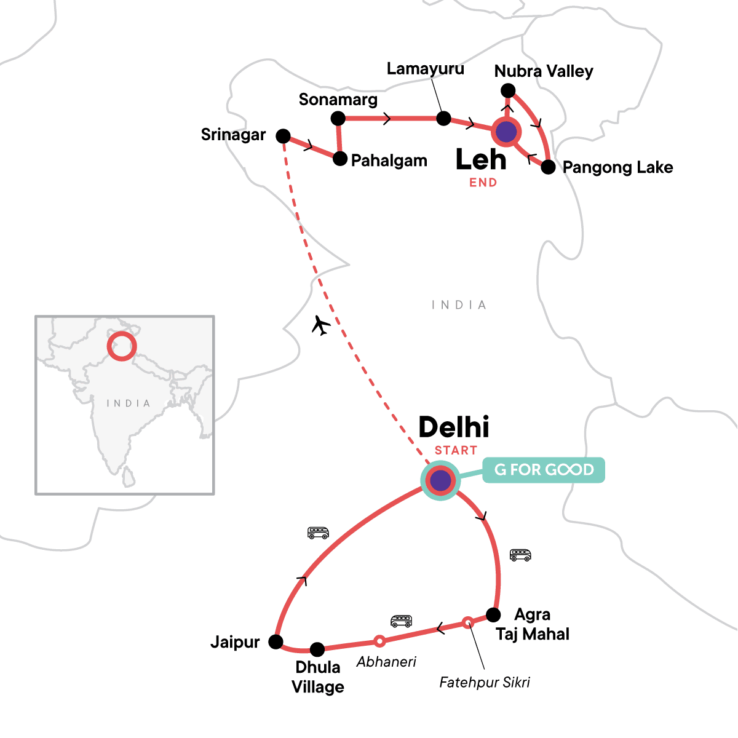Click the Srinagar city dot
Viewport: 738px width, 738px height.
pos(283,136)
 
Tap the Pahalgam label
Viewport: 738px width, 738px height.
pos(389,161)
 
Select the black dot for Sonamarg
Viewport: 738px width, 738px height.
pos(338,118)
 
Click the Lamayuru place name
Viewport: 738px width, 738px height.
pos(425,68)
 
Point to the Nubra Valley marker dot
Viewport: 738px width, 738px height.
pos(507,91)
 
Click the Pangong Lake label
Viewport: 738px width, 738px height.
pos(617,167)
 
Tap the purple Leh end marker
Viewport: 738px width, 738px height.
pos(506,132)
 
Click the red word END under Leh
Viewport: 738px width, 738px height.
pos(483,183)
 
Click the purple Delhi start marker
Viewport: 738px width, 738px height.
pos(440,480)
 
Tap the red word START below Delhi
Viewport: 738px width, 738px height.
pos(456,450)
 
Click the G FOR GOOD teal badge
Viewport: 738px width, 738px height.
pos(544,470)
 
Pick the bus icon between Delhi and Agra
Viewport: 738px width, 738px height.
pos(520,555)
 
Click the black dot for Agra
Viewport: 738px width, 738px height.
pos(493,614)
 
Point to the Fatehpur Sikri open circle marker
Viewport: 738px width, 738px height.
pos(467,622)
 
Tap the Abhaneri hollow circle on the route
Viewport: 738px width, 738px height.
pos(379,641)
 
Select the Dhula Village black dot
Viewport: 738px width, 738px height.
pos(317,649)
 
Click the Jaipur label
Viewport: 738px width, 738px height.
pos(235,642)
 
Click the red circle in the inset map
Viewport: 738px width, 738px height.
pos(121,346)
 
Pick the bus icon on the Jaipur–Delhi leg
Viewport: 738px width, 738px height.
pos(318,533)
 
